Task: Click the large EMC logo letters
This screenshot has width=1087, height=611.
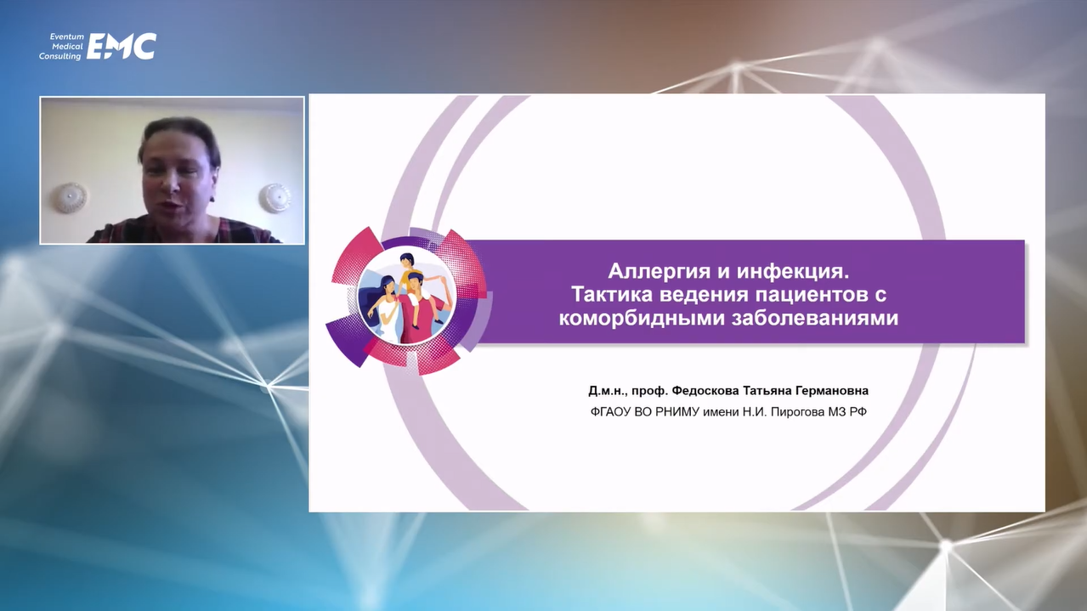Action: (x=122, y=46)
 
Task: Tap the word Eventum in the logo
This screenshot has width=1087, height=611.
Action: (x=67, y=37)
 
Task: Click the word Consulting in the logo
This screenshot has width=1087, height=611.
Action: (x=60, y=56)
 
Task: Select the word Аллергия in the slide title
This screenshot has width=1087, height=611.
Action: (x=660, y=271)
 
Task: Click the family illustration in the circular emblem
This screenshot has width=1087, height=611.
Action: (x=406, y=297)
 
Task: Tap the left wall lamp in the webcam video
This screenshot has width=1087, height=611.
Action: (x=69, y=197)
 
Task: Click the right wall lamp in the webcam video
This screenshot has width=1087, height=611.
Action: (x=275, y=197)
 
